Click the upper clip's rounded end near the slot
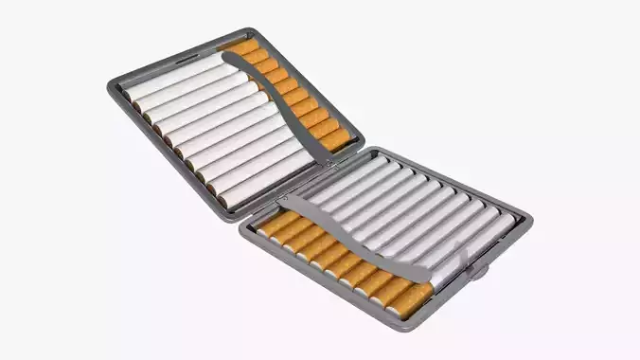(228, 58)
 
